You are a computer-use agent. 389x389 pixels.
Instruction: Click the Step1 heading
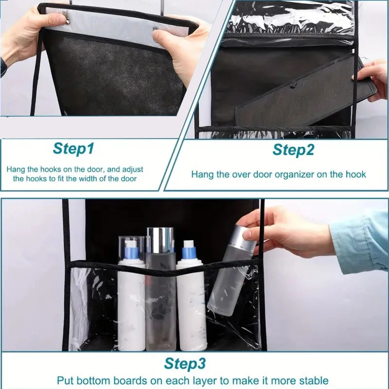point(73,149)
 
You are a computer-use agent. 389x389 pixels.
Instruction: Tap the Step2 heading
point(293,150)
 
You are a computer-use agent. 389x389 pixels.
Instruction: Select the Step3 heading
point(185,364)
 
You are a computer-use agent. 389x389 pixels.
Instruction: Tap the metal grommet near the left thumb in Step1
point(68,22)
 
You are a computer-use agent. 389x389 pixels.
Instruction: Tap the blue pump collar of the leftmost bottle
point(131,252)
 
